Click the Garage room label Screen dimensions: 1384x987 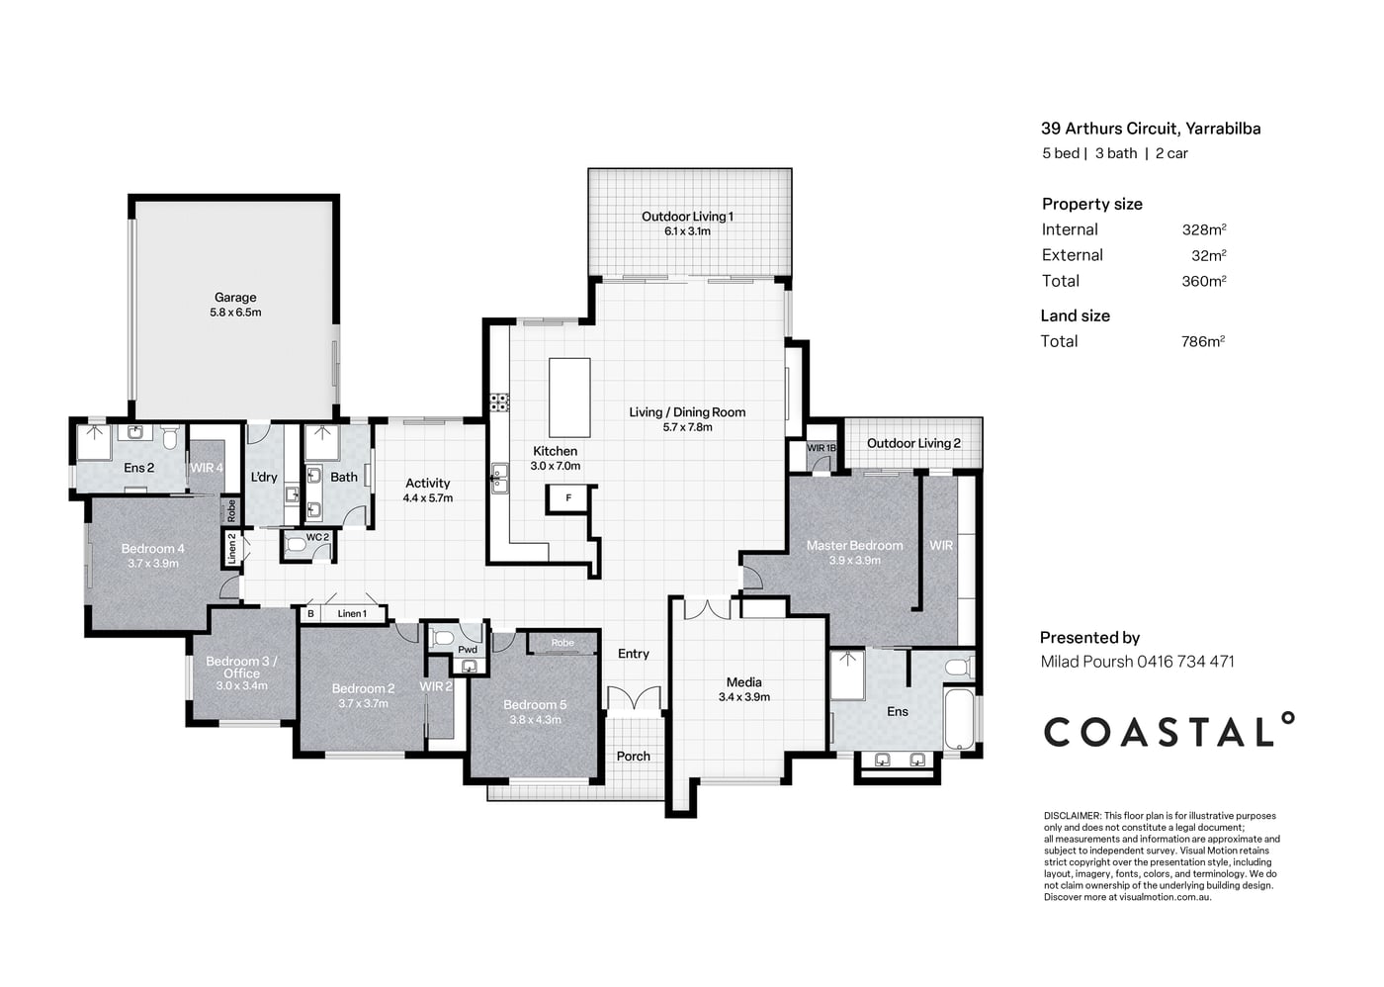point(235,298)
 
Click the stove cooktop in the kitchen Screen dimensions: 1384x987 point(498,403)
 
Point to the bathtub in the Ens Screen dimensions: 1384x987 point(959,719)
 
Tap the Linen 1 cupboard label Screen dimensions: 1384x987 point(352,614)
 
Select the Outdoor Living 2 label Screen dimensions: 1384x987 point(913,443)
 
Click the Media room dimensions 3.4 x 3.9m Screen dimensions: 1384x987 point(743,697)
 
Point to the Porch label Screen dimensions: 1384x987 point(634,756)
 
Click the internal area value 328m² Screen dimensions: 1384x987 point(1204,229)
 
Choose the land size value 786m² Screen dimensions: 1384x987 point(1203,341)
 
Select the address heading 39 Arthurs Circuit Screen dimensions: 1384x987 point(1109,129)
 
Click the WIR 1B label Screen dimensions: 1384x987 point(822,447)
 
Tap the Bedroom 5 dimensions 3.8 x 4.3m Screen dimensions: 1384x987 point(535,720)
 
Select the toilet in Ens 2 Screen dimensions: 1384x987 point(170,437)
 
